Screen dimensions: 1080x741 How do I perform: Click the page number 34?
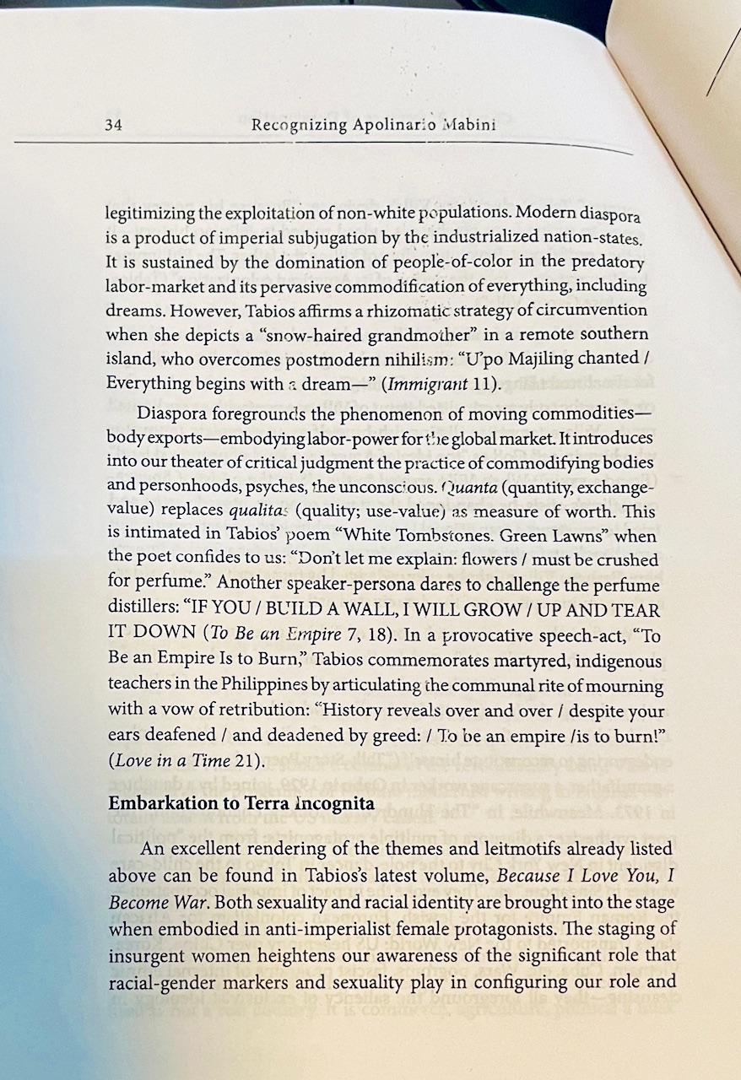tap(114, 126)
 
